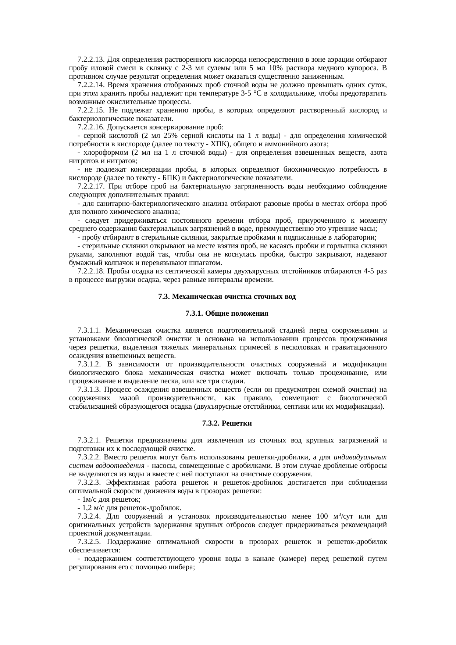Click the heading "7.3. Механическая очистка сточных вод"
227,297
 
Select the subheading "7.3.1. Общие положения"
227,313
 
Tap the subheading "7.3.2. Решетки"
227,423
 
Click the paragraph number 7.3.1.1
90,330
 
